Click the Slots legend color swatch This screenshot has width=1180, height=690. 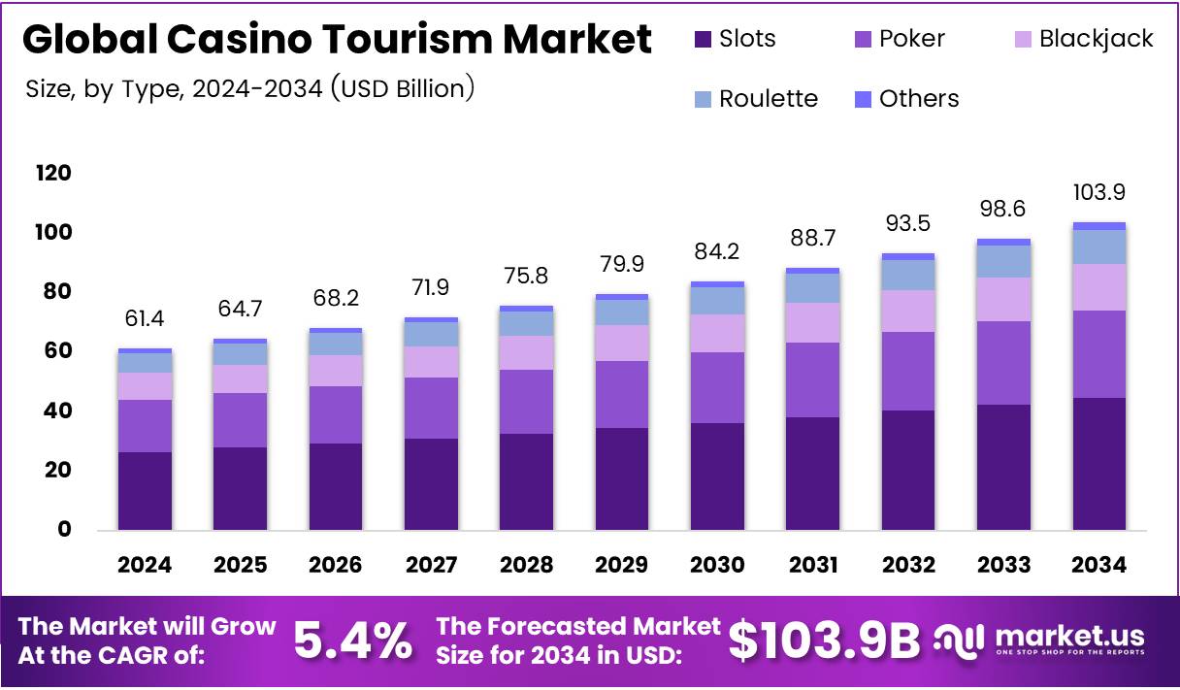coord(704,40)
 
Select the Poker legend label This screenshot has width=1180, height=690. coord(911,39)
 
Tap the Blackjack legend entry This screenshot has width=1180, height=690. coord(1096,39)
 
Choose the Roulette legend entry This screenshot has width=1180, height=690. coord(768,99)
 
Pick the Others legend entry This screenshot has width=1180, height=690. coord(918,99)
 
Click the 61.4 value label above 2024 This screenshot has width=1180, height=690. coord(145,319)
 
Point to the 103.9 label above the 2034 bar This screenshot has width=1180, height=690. coord(1098,193)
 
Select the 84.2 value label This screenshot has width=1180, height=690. coord(717,252)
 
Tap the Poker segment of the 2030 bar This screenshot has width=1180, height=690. coord(717,387)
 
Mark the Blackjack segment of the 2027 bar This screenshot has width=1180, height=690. coord(431,362)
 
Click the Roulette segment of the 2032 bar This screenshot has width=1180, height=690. coord(908,276)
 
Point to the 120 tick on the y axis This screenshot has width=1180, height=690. coord(53,173)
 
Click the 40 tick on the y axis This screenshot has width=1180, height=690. coord(57,411)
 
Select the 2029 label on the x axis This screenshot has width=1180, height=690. coord(622,565)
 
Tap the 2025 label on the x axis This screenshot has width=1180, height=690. coord(240,565)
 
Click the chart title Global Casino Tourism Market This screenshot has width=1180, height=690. coord(337,40)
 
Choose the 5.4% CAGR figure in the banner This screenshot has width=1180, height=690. coord(353,641)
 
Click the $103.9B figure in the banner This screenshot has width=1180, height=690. coord(824,641)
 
